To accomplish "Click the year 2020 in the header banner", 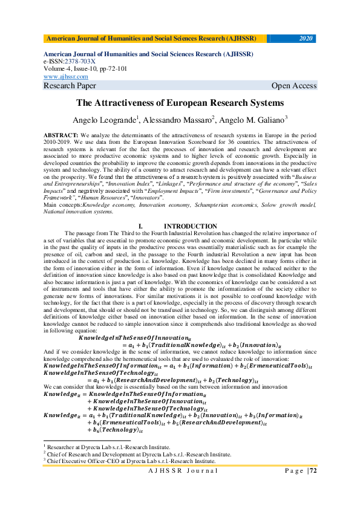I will (x=306, y=38).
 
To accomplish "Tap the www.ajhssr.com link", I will (x=66, y=77).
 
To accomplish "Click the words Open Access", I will (x=294, y=86).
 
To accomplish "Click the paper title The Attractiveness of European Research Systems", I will (x=180, y=103).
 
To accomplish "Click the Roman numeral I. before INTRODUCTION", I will (x=140, y=225).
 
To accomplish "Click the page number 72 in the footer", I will (x=313, y=470).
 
